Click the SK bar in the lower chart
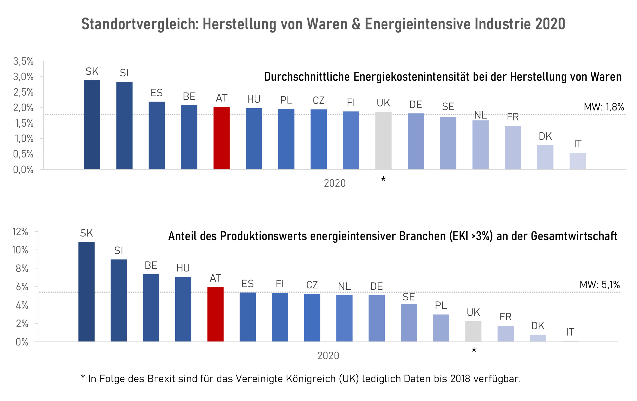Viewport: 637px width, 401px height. tap(87, 291)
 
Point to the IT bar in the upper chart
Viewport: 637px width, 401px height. tap(577, 161)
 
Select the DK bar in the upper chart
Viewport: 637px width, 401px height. tap(545, 157)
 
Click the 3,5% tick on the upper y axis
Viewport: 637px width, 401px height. tap(23, 61)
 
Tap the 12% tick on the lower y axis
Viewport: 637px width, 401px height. tap(20, 232)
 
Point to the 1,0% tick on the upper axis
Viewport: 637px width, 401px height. tap(23, 139)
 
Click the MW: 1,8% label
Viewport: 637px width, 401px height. tap(604, 107)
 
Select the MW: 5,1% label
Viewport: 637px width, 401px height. tap(599, 285)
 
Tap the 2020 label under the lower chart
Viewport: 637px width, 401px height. tap(328, 356)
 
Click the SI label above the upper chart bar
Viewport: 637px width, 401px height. tap(124, 73)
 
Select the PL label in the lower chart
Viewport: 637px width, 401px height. tap(441, 305)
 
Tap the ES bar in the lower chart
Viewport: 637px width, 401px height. tap(248, 317)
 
